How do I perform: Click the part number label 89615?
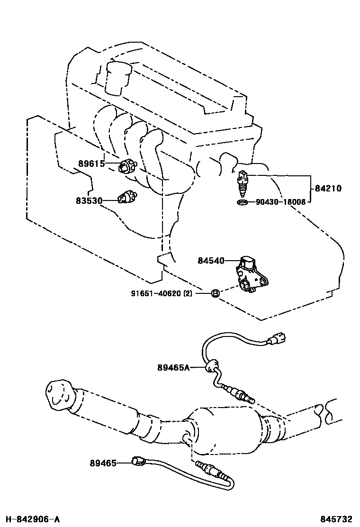pos(91,164)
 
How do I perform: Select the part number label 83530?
pos(89,200)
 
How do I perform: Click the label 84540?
pos(211,260)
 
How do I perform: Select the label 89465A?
pos(173,367)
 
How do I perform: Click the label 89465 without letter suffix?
pos(103,463)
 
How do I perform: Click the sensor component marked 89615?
pos(127,166)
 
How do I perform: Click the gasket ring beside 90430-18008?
pos(242,203)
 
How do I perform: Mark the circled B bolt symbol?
pos(214,293)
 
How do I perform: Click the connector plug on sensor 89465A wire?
pos(278,339)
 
